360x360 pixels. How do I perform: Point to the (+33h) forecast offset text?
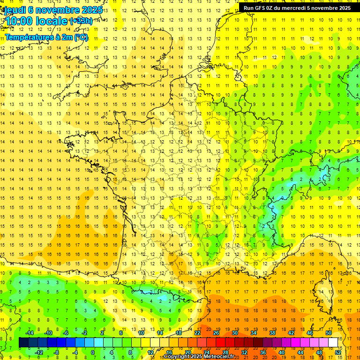(x=81, y=21)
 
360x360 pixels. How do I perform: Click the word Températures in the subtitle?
(x=27, y=37)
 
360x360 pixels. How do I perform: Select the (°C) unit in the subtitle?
(x=81, y=37)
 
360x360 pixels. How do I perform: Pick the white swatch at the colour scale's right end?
(x=333, y=343)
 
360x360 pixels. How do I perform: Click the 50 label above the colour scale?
(x=328, y=333)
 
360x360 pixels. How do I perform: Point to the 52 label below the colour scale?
(x=338, y=352)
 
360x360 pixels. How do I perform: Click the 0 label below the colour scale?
(x=93, y=352)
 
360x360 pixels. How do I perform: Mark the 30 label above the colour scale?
(x=235, y=333)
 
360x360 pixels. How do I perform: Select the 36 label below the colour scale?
(x=263, y=352)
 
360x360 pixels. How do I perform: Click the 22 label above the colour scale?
(x=197, y=333)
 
